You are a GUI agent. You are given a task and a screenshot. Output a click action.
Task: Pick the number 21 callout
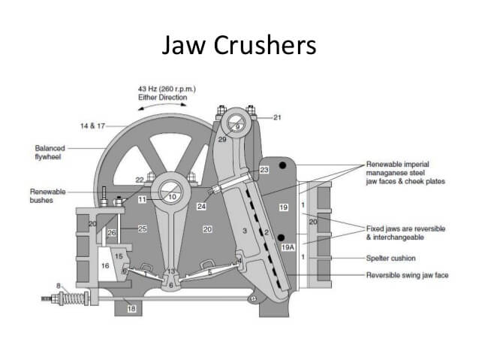[x=277, y=117]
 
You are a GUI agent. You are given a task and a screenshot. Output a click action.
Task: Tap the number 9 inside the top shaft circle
[x=236, y=127]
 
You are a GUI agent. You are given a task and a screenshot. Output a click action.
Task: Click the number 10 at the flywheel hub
[x=172, y=197]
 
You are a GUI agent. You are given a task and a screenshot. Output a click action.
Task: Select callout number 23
[x=264, y=171]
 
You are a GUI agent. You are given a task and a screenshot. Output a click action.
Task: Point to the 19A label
[x=288, y=247]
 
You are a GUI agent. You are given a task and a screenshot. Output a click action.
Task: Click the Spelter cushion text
[x=391, y=258]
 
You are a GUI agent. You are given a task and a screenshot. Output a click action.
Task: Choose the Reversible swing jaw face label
[x=406, y=275]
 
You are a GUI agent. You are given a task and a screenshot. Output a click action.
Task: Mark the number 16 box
[x=105, y=265]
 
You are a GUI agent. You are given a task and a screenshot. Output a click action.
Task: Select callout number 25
[x=142, y=228]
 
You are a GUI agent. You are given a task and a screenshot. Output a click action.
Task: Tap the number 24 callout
[x=201, y=206]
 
